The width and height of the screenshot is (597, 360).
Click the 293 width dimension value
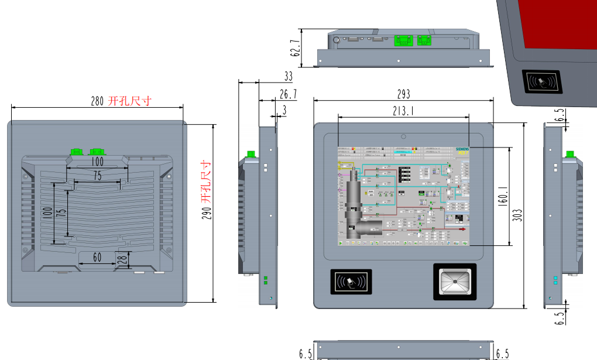coord(403,94)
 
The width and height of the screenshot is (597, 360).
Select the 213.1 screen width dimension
coord(403,110)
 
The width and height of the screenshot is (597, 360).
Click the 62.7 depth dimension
coord(296,47)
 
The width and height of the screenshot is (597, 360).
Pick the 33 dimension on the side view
coord(289,77)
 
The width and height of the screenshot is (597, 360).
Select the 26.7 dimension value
coord(288,94)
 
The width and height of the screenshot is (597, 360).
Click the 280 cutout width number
coord(97,101)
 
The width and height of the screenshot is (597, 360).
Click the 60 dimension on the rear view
coord(97,257)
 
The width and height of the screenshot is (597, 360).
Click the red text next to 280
coord(131,101)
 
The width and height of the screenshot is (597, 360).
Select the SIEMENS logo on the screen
coord(462,151)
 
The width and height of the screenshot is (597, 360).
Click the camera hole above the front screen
coord(404,136)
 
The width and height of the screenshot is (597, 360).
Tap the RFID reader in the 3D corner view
coord(542,82)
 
